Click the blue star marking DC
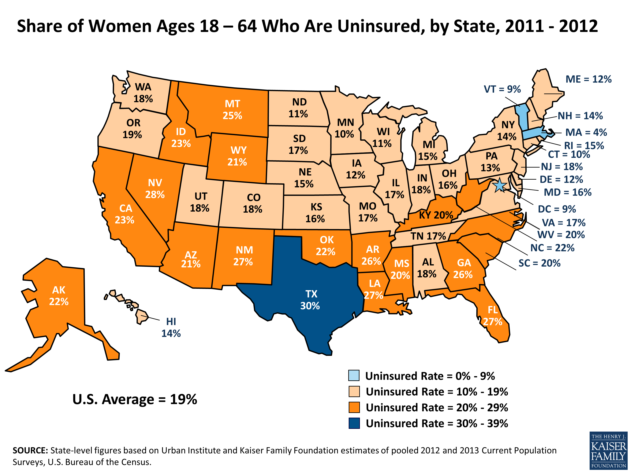pyautogui.click(x=499, y=185)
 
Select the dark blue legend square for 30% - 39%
pyautogui.click(x=354, y=423)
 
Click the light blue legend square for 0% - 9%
pyautogui.click(x=354, y=376)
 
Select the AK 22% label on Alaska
pyautogui.click(x=59, y=296)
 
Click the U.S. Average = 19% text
pyautogui.click(x=135, y=399)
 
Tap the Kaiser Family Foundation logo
pyautogui.click(x=608, y=450)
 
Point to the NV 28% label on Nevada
pyautogui.click(x=155, y=188)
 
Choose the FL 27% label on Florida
pyautogui.click(x=492, y=316)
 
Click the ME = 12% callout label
pyautogui.click(x=588, y=79)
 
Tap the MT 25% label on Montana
pyautogui.click(x=232, y=110)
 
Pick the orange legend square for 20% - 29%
pyautogui.click(x=354, y=407)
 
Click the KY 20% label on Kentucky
pyautogui.click(x=436, y=215)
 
